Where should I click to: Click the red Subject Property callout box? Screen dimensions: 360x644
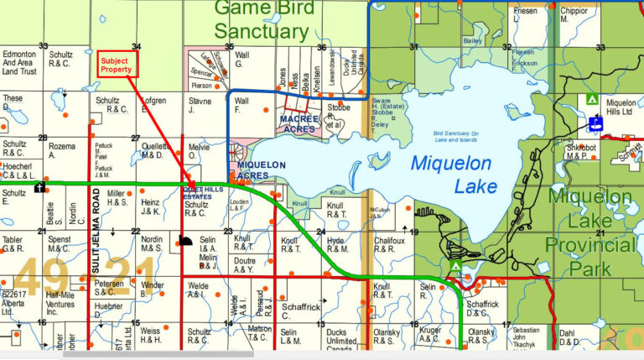[x=117, y=65]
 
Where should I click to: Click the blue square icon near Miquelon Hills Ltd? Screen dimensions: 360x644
[x=596, y=124]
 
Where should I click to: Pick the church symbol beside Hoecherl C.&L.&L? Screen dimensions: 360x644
[x=39, y=187]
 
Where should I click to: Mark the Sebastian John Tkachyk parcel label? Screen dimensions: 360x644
[x=526, y=340]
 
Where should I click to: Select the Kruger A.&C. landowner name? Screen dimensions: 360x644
[x=430, y=337]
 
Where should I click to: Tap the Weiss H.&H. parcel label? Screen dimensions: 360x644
[x=150, y=337]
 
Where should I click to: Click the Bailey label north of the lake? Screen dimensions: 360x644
[x=473, y=40]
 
